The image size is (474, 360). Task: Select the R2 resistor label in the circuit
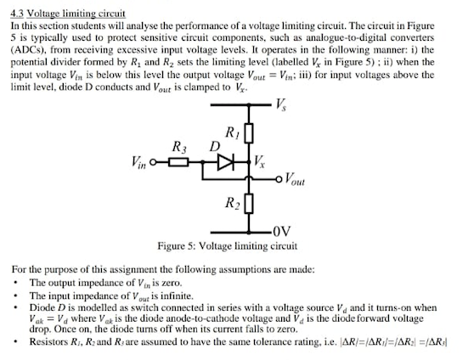231,203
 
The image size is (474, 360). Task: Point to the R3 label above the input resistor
179,145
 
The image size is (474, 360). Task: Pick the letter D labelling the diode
216,148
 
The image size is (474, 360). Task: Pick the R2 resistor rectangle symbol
248,204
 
